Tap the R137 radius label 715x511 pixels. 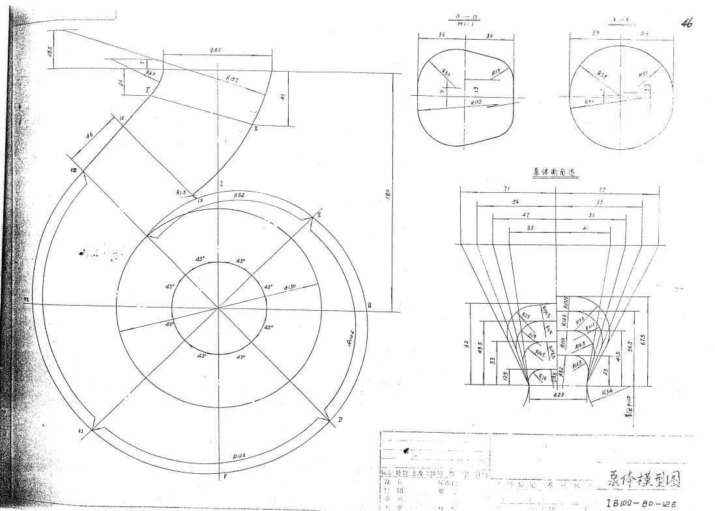pos(232,79)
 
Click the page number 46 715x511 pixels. pos(686,23)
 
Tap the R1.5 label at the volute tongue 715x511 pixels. pos(181,193)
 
